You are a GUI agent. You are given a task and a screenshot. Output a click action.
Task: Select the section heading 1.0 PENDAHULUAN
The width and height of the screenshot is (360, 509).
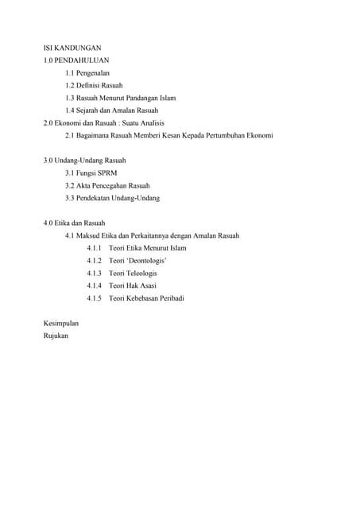(76, 60)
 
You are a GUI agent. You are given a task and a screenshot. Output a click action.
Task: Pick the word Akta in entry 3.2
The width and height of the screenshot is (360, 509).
(83, 185)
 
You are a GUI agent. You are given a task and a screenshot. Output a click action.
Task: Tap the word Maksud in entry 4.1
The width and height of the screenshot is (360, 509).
(90, 235)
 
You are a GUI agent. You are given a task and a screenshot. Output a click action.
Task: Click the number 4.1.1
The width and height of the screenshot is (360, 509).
(95, 248)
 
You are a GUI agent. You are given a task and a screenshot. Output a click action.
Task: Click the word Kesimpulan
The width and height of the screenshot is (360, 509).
(61, 323)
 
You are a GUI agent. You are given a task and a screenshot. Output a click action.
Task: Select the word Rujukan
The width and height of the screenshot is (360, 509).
(56, 336)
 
